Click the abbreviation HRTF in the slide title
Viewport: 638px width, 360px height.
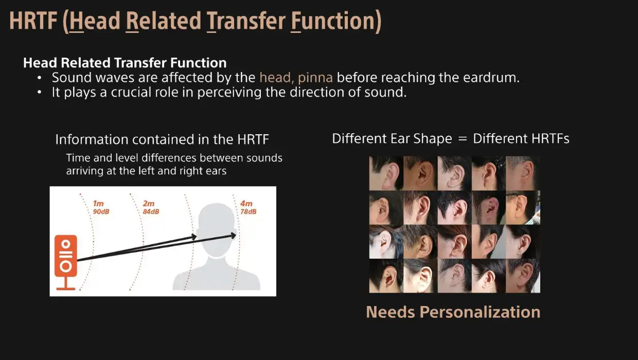(x=33, y=21)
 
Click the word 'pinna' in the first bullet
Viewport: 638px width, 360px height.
(x=315, y=78)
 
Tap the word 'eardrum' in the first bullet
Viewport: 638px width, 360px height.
(x=491, y=78)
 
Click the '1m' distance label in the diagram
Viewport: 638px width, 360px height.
(x=98, y=204)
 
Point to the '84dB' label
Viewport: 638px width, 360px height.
(x=151, y=212)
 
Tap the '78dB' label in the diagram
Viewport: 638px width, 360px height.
(x=249, y=212)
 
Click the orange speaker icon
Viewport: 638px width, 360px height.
(x=66, y=262)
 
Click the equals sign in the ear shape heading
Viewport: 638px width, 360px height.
(x=463, y=139)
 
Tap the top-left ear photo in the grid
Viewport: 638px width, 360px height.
(x=386, y=173)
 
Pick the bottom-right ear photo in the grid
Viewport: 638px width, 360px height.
(x=523, y=276)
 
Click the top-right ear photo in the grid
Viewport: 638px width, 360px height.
(x=523, y=173)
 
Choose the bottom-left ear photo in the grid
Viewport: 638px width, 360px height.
(x=386, y=276)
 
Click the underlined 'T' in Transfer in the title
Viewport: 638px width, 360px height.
(x=211, y=22)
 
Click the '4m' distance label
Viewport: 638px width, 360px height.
(x=246, y=204)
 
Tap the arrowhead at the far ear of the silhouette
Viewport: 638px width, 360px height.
(x=233, y=236)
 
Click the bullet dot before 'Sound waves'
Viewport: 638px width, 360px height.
(x=39, y=78)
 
